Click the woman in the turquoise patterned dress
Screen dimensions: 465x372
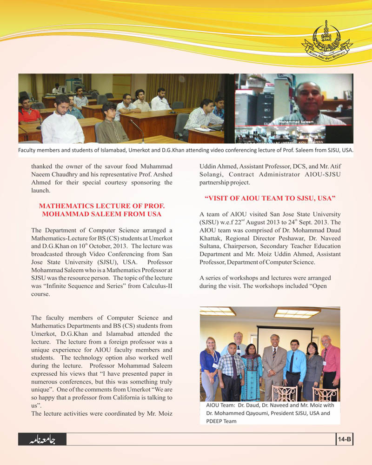click(252, 370)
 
